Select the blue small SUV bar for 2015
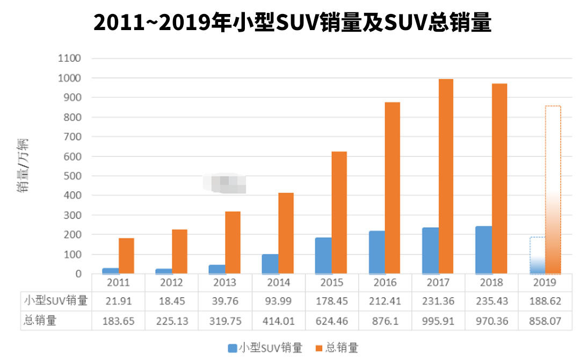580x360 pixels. (x=323, y=256)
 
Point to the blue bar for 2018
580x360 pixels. (x=483, y=250)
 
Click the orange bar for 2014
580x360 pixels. (x=286, y=233)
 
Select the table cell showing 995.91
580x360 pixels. (x=439, y=321)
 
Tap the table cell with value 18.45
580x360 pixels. (x=171, y=301)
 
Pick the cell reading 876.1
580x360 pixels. (x=385, y=321)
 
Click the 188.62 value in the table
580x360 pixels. (x=546, y=301)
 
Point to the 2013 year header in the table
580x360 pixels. (x=224, y=283)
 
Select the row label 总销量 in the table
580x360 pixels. (x=40, y=321)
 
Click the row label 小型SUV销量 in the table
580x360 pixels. (x=55, y=301)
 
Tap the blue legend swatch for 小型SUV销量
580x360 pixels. (x=232, y=348)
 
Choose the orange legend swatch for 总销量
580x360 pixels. (x=319, y=348)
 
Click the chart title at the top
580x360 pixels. (x=292, y=23)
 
